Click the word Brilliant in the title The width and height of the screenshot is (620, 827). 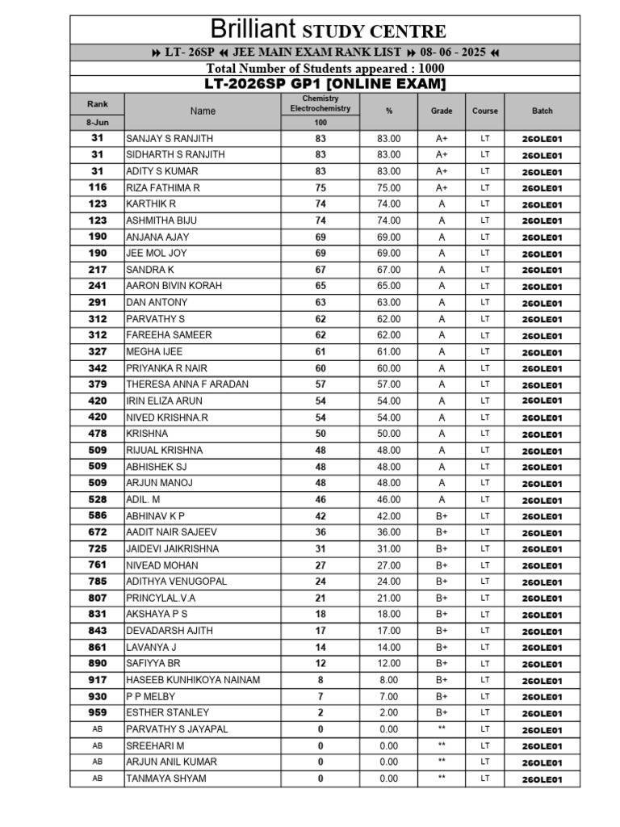coord(253,30)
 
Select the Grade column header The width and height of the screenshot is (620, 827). coord(442,111)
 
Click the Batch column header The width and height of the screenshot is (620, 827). coord(542,111)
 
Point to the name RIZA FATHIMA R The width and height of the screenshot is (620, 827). coord(162,187)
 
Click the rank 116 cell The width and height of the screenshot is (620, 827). coord(98,187)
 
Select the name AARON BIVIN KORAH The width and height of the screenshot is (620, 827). coord(174,286)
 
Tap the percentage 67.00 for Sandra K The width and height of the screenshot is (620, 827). coord(388,270)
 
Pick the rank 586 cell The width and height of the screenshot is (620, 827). coord(98,516)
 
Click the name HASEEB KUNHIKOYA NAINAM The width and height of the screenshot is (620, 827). coord(193,680)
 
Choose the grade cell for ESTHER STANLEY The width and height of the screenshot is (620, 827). coord(442,713)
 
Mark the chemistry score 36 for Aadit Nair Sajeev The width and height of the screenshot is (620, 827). coord(320,532)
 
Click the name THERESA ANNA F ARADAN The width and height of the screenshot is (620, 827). coord(187,384)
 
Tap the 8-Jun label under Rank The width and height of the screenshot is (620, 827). coord(98,123)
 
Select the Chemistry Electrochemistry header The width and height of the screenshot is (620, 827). coord(320,103)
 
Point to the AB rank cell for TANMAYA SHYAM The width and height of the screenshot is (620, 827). coord(98,779)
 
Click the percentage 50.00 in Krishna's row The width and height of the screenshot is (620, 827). coord(388,434)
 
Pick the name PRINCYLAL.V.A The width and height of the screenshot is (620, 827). coord(161,598)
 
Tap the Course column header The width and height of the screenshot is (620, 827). coord(485,111)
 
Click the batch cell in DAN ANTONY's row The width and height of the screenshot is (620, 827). coord(542,303)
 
